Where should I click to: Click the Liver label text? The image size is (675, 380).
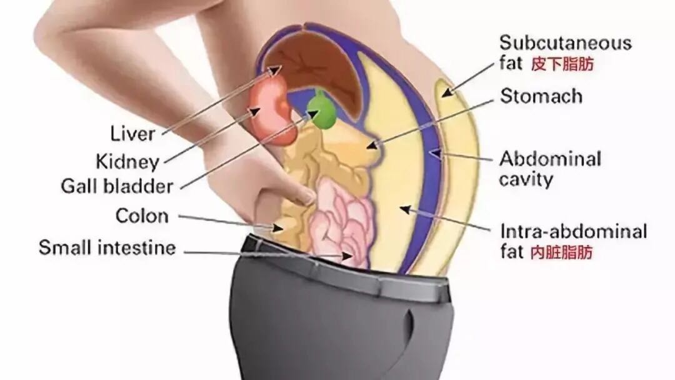(x=132, y=134)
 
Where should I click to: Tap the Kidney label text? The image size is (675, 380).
(x=127, y=162)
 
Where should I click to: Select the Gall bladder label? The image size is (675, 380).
(x=117, y=186)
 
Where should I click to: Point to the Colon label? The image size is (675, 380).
(x=142, y=216)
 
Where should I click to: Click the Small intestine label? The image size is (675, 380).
(x=107, y=248)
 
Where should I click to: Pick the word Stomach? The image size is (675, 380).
(x=541, y=96)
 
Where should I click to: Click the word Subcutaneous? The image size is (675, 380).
(x=565, y=43)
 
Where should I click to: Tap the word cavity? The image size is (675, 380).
(x=526, y=180)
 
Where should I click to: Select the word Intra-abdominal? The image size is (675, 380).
(x=573, y=231)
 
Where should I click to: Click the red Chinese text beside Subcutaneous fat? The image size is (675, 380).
(x=562, y=64)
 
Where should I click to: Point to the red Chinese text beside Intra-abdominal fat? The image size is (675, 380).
(x=561, y=252)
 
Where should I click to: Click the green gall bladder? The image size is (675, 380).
(x=324, y=112)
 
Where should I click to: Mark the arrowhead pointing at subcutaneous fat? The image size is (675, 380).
(x=448, y=92)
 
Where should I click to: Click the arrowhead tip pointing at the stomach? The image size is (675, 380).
(x=367, y=147)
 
